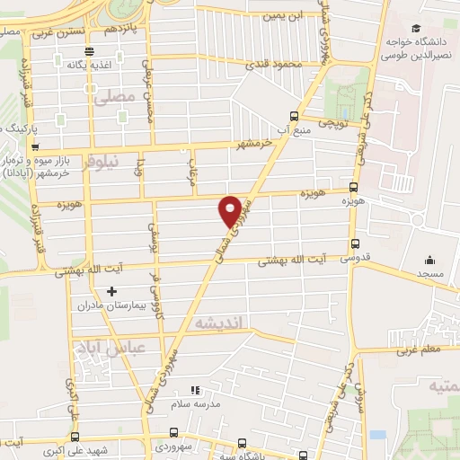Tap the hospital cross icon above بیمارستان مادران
point(111,291)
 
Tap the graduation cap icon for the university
point(416,29)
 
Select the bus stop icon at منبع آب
point(293,115)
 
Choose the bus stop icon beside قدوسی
point(355,243)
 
